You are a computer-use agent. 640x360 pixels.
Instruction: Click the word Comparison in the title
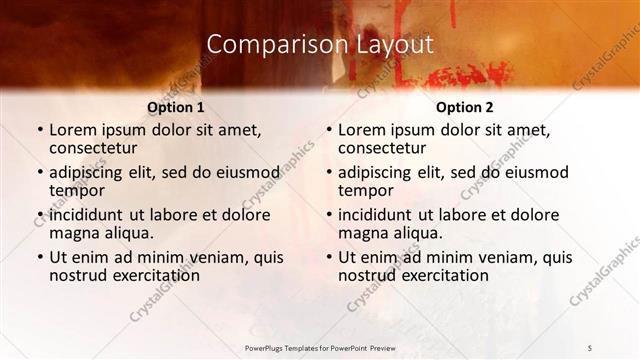click(x=266, y=45)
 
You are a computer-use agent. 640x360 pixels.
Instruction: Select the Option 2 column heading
click(x=464, y=107)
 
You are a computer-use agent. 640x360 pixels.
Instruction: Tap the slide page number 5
click(x=591, y=347)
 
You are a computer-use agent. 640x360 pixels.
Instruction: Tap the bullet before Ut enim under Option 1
click(x=38, y=257)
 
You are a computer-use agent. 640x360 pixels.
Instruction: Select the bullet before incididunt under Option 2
click(x=327, y=214)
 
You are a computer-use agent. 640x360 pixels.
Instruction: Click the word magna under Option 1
click(x=75, y=233)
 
